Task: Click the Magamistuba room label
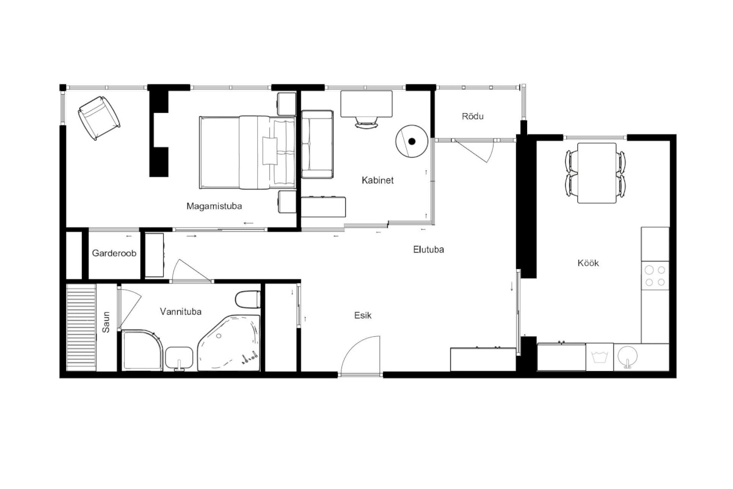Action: point(214,206)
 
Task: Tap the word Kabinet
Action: point(377,180)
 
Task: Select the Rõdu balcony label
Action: point(473,116)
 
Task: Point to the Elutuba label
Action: point(428,249)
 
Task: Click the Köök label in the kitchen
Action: point(588,263)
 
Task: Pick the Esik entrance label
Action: point(363,315)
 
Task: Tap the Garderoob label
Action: point(114,253)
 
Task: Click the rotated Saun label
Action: point(106,322)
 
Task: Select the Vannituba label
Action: point(180,312)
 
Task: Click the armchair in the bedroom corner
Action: point(99,118)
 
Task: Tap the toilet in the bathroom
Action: point(248,300)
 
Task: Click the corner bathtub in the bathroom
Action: point(229,343)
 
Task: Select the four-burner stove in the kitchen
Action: point(655,276)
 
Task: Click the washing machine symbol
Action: point(599,357)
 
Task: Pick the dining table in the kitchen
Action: point(597,173)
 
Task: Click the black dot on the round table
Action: point(412,141)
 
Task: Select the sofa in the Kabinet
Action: point(317,144)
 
